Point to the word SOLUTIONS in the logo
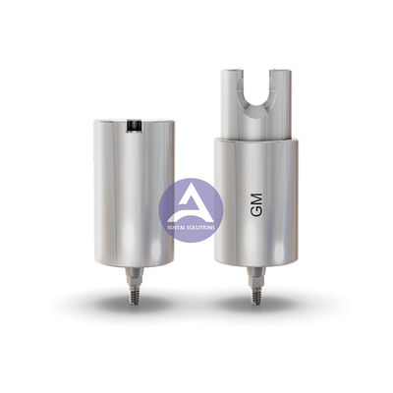point(200,226)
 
